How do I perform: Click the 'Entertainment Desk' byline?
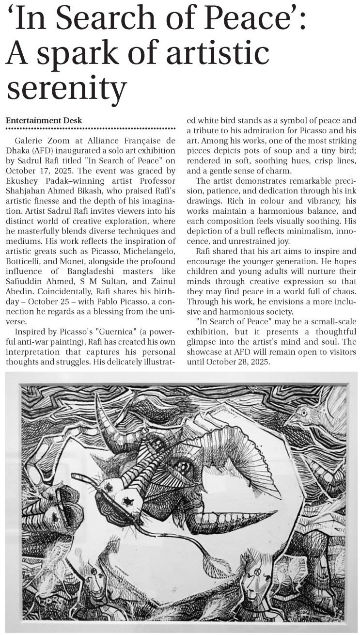44,120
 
